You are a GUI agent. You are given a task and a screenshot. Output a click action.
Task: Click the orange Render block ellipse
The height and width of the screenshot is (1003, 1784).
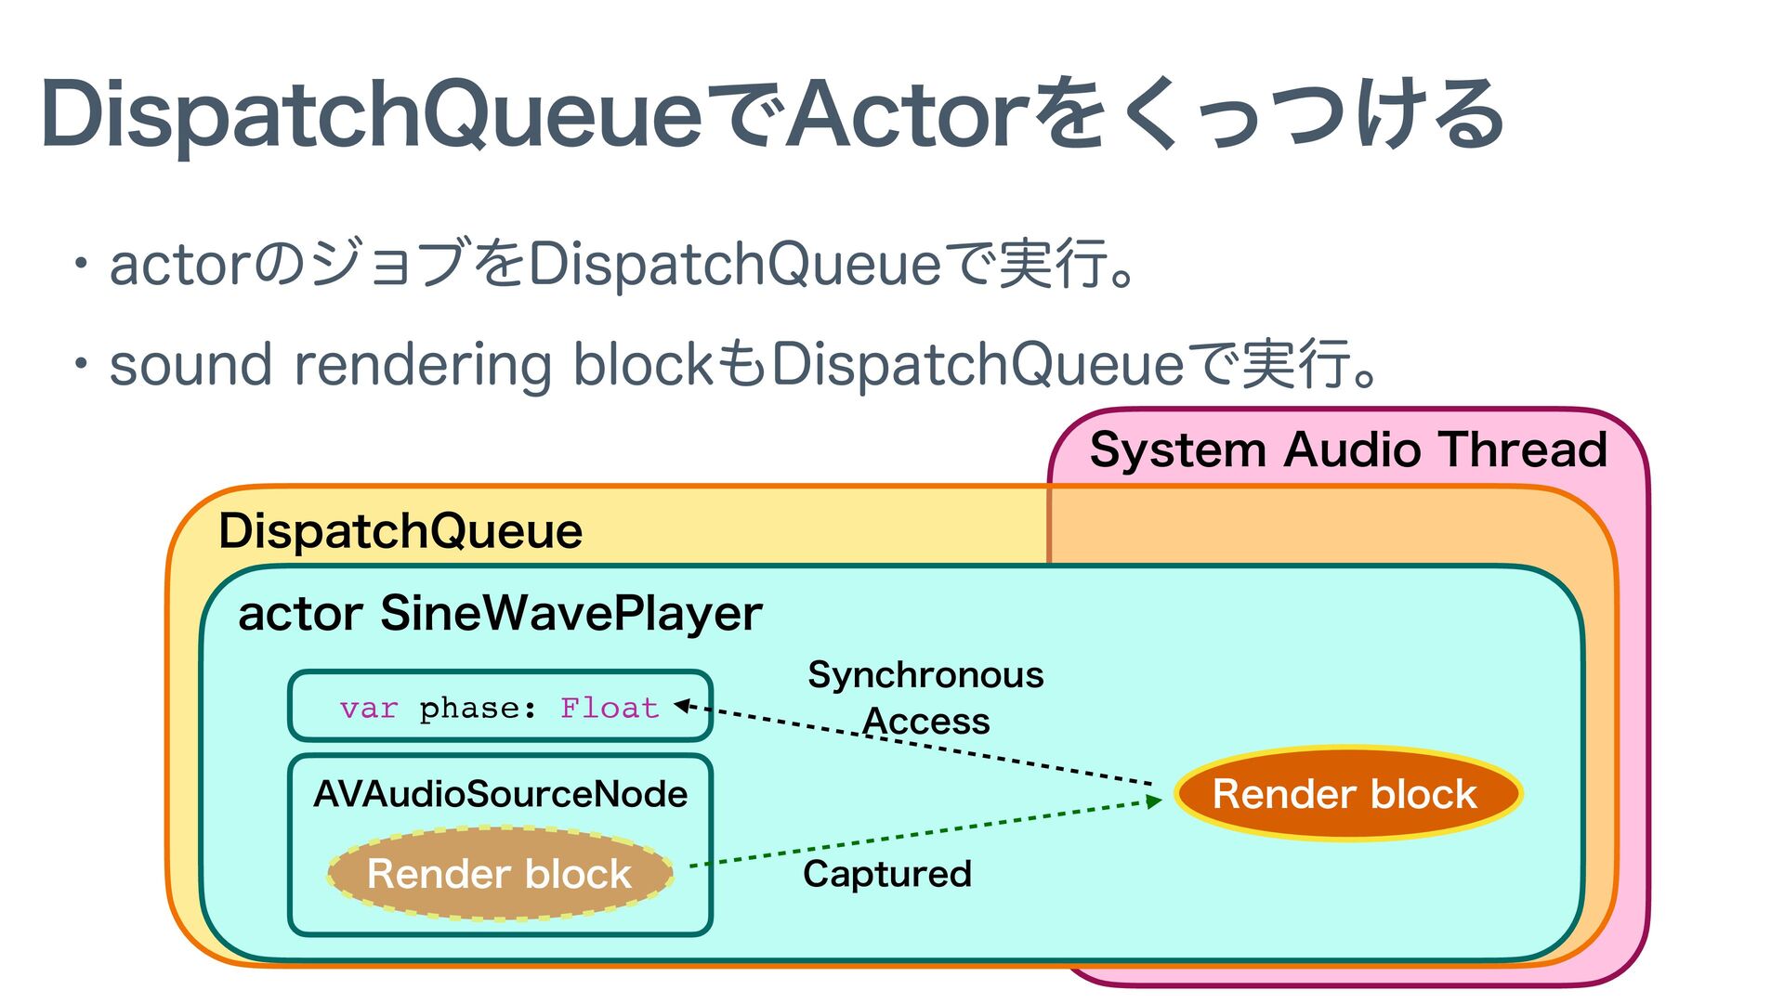point(1347,794)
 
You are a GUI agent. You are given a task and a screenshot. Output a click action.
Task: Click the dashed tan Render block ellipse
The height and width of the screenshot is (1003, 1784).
point(500,874)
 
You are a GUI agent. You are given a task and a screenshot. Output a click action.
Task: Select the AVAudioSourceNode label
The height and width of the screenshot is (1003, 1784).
point(501,794)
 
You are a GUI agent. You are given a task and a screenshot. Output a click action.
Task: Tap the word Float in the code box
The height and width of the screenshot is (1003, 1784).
point(610,709)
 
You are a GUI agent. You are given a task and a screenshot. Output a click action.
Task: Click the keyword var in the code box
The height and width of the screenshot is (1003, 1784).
point(369,709)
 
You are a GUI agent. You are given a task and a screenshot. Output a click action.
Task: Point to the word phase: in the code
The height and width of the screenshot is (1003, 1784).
point(478,709)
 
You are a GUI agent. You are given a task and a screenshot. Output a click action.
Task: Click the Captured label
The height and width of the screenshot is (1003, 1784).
point(887,874)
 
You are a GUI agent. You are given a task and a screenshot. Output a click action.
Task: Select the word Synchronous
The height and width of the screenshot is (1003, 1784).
point(925,675)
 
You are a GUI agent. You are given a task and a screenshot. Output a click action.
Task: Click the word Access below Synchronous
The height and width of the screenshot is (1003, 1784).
point(926,722)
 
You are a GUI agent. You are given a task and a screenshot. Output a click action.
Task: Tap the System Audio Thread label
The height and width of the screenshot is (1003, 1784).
point(1348,449)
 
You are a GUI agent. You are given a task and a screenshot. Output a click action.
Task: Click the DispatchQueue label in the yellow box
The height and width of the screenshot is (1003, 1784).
point(400,531)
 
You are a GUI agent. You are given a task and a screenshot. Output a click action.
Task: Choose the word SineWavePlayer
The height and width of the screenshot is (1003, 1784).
point(571,613)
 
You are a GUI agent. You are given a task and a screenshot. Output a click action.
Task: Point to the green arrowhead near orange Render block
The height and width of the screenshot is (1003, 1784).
point(1154,801)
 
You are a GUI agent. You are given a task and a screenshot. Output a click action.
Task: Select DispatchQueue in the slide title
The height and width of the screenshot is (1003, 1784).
point(372,115)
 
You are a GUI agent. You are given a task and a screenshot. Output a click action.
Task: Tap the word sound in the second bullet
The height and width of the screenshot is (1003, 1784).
point(190,364)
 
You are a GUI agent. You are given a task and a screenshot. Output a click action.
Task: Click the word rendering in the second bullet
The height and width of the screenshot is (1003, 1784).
point(423,364)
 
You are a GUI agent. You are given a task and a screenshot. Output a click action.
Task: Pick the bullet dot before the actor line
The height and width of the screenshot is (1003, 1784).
point(82,264)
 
